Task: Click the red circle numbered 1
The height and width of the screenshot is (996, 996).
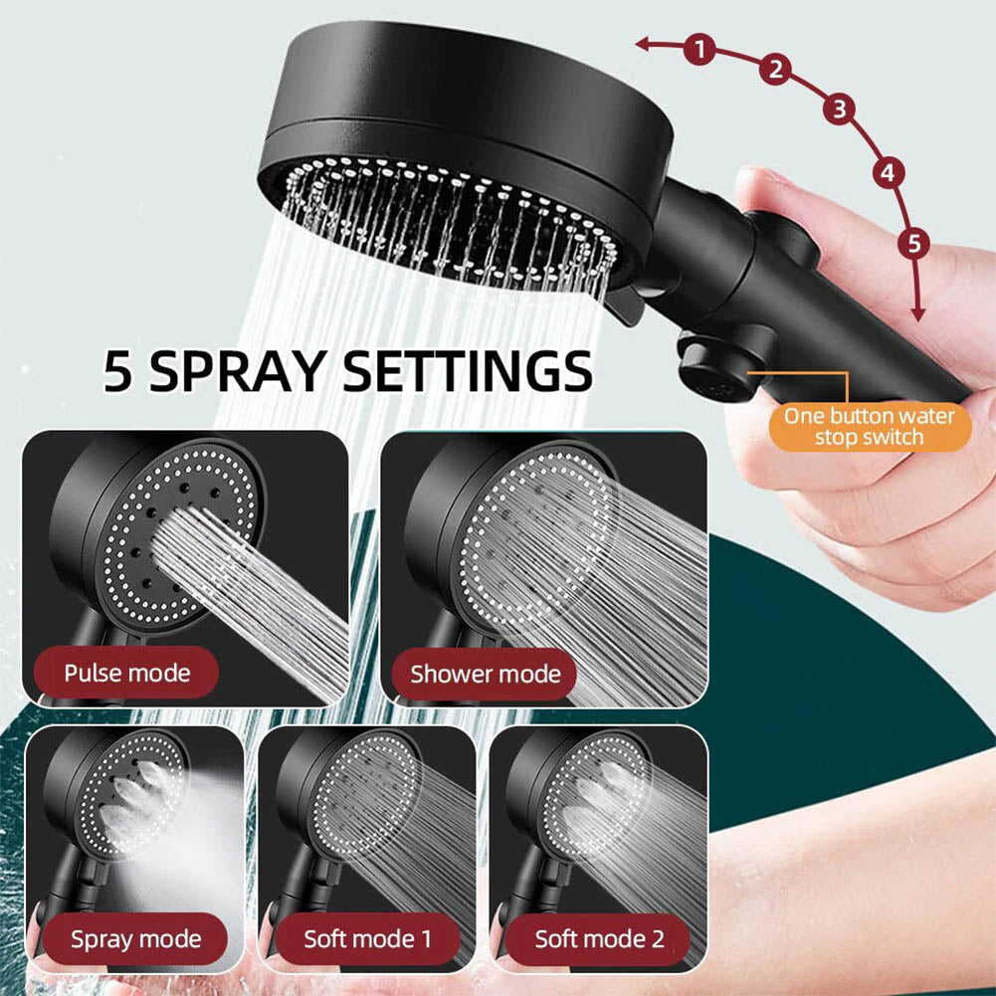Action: click(699, 49)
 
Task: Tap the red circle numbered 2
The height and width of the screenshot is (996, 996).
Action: click(775, 69)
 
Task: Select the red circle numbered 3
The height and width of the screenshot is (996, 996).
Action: click(839, 108)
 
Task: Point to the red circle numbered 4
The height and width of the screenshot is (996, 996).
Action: click(888, 173)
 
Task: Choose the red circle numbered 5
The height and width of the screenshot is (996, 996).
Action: click(914, 243)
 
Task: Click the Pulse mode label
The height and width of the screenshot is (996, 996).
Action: click(126, 673)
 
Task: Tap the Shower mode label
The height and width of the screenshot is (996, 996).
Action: click(485, 674)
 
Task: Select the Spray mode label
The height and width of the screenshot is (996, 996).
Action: click(135, 939)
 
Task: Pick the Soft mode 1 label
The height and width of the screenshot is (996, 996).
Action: click(367, 939)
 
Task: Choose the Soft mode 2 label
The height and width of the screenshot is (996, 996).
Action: click(598, 939)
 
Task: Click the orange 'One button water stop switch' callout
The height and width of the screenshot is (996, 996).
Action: click(870, 426)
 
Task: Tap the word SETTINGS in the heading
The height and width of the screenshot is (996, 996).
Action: click(468, 371)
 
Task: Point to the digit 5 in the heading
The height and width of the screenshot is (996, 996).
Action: click(118, 371)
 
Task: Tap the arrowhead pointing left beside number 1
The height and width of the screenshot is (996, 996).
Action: click(643, 44)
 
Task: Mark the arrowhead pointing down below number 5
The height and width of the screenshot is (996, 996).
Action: click(917, 313)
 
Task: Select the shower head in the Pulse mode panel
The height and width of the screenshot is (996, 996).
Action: click(155, 540)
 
